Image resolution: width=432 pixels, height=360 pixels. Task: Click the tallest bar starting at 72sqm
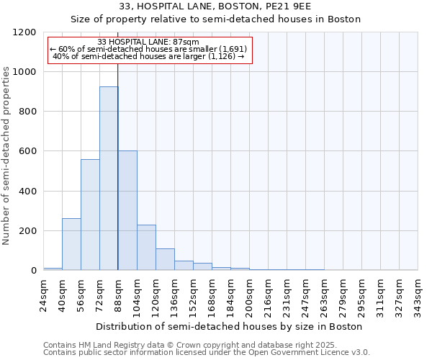tap(109, 179)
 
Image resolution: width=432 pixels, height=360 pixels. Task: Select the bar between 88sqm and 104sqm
tap(127, 210)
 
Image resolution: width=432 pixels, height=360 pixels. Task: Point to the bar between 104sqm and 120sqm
tap(146, 248)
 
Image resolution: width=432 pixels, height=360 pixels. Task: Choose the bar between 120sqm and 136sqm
tap(165, 259)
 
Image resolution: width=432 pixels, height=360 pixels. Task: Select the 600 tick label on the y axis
tap(28, 151)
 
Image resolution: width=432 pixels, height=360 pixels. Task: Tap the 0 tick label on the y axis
tap(34, 271)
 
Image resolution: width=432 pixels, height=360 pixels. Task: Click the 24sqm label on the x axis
tap(44, 294)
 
